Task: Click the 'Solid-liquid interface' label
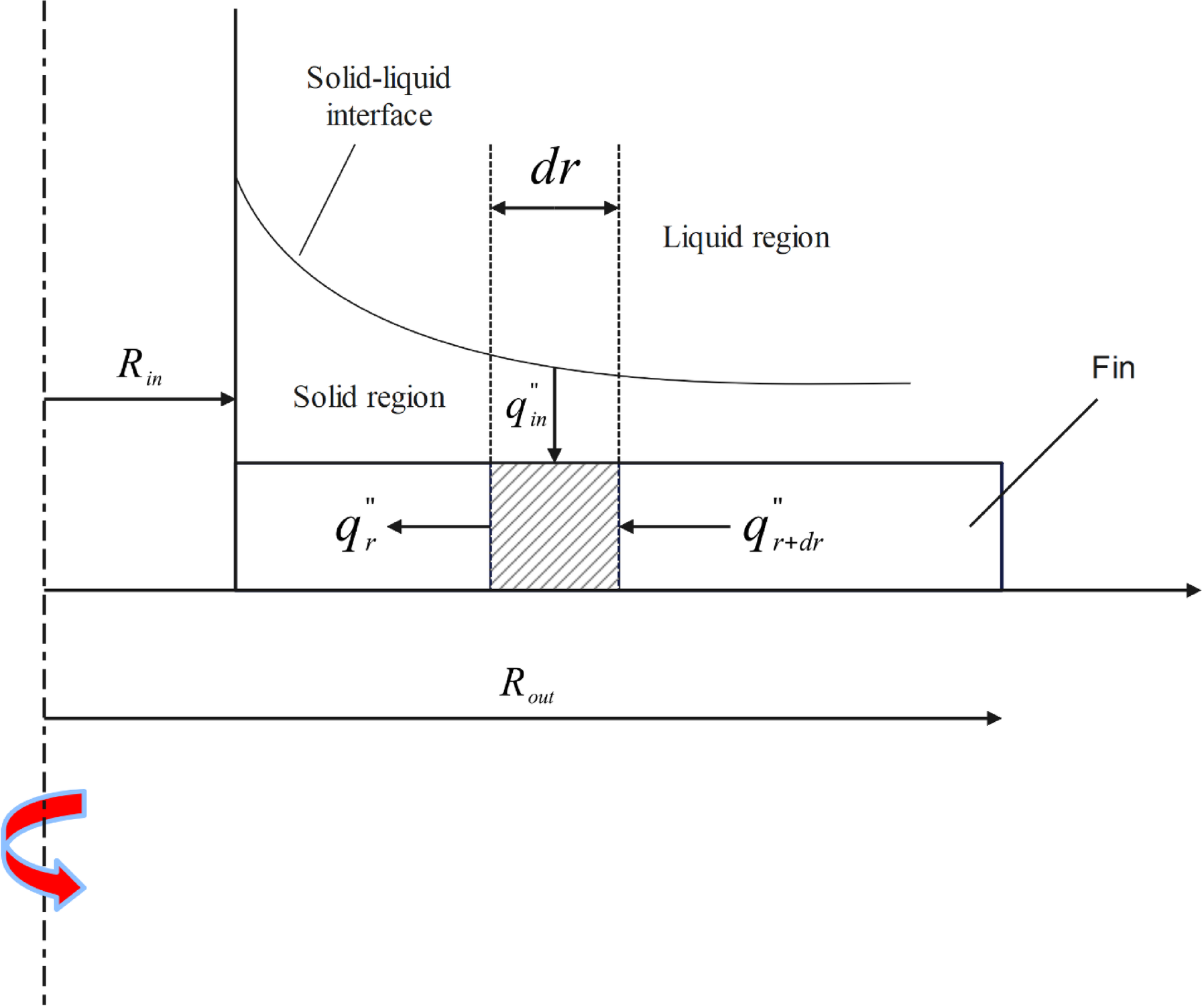tap(379, 97)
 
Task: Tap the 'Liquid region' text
tap(745, 237)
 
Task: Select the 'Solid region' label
tap(369, 397)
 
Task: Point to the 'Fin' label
tap(1113, 368)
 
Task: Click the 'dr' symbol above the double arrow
tap(554, 168)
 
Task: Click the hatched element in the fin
tap(554, 526)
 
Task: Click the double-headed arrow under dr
tap(554, 208)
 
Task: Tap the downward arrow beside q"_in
tap(554, 416)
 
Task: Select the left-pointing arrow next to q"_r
tap(439, 527)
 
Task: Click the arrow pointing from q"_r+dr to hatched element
tap(674, 527)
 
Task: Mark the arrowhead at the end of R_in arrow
tap(229, 399)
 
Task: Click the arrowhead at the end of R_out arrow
tap(994, 718)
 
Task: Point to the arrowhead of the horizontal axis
tap(1193, 590)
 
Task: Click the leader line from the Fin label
tap(1032, 463)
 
